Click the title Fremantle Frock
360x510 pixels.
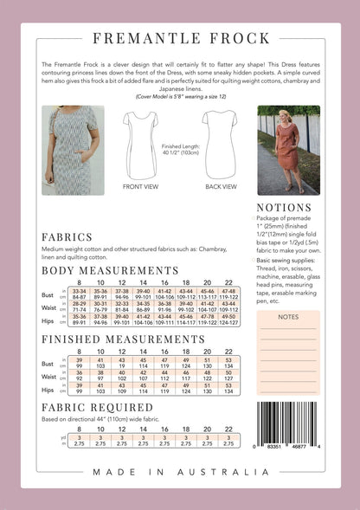tap(179, 38)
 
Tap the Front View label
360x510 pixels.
tap(140, 186)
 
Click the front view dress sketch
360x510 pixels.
tap(140, 143)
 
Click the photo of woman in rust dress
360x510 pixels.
tap(288, 150)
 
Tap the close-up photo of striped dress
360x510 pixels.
tap(74, 150)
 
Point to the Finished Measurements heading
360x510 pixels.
tap(124, 339)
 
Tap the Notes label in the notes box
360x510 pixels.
tap(288, 317)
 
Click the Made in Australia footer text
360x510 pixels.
tap(180, 472)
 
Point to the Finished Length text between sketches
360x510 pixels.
tap(180, 149)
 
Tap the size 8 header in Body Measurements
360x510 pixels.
tap(79, 282)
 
